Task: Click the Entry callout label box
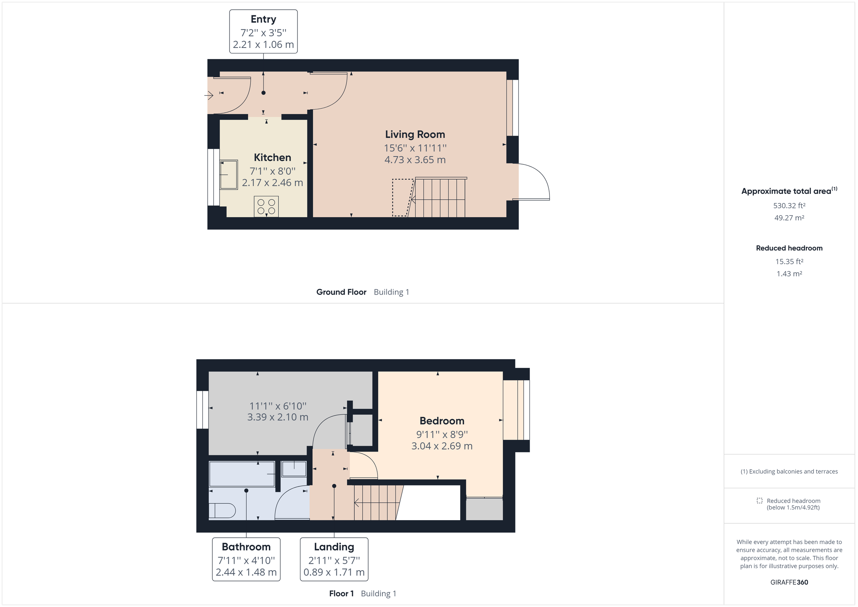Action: point(263,31)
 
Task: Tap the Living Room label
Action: point(415,134)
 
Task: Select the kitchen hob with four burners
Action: point(266,206)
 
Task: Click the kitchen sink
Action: point(228,174)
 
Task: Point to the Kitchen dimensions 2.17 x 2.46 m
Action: point(272,183)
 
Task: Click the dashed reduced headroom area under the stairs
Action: point(401,198)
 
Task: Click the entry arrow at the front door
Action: point(208,96)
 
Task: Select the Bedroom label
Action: point(442,421)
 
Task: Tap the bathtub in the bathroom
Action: point(242,474)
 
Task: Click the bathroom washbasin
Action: point(294,469)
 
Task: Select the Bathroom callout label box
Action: point(246,559)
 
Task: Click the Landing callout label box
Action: point(334,559)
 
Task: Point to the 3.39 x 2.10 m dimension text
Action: point(278,417)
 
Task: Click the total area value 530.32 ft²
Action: point(789,206)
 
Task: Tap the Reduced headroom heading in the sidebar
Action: point(789,248)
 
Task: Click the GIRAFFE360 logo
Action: point(789,582)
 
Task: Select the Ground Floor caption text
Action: point(341,292)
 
